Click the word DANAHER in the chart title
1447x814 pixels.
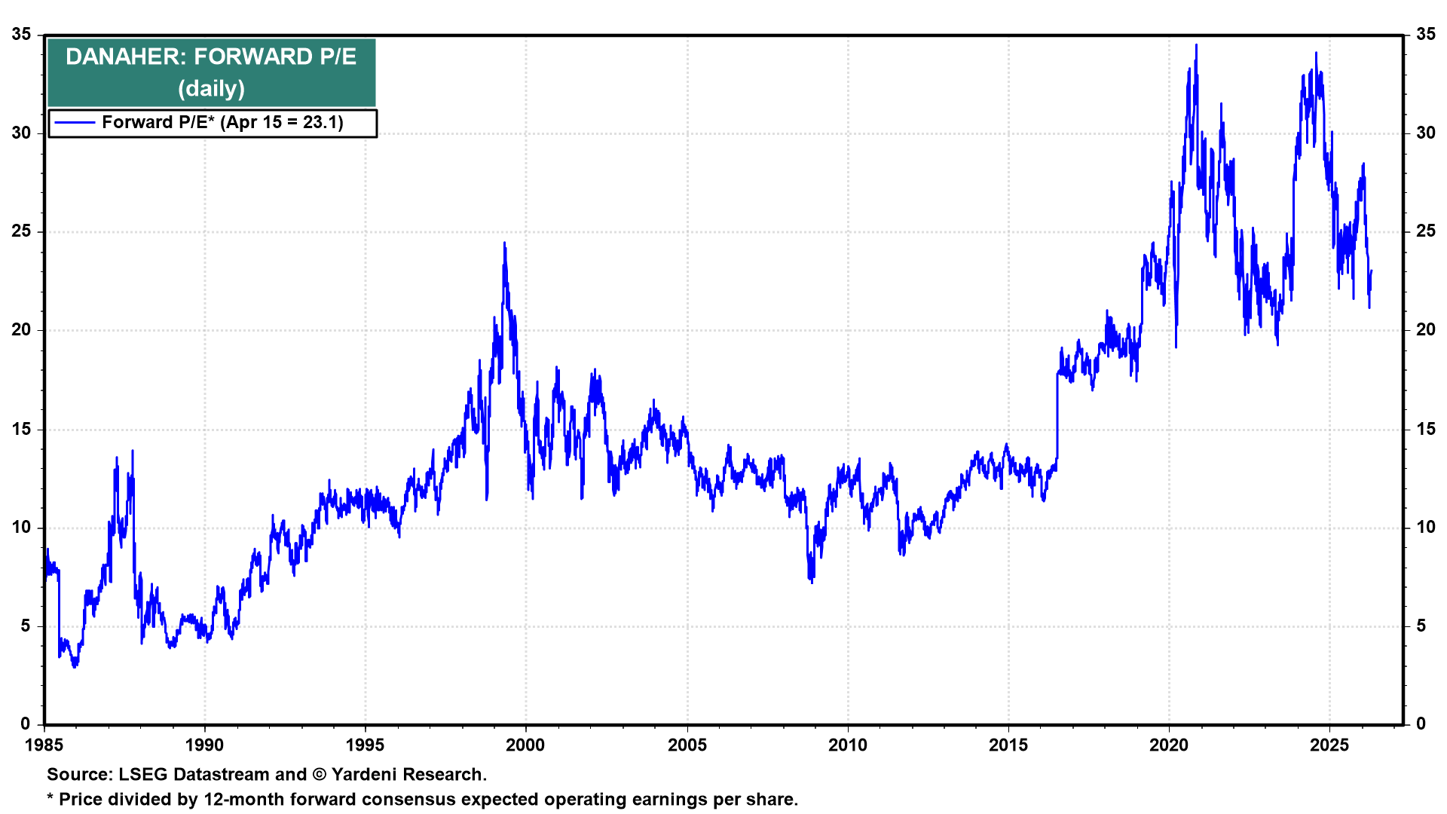[125, 57]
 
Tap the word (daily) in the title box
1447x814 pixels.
[211, 88]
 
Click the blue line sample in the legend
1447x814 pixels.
[75, 123]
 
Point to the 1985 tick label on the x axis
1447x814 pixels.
[44, 745]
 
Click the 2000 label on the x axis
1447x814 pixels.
[525, 745]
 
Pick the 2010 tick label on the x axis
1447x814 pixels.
[847, 745]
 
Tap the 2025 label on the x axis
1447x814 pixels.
[1329, 745]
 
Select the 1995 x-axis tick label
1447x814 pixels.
[365, 745]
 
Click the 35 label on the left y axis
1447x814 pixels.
[21, 35]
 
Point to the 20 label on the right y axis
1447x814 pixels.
[1425, 330]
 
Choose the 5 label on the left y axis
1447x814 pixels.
[26, 626]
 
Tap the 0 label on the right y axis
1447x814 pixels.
[1421, 724]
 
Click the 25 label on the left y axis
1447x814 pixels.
[21, 231]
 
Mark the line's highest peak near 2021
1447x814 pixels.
[1196, 45]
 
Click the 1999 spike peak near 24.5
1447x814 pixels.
[504, 243]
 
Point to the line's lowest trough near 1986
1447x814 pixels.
[74, 666]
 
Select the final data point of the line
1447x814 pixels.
[1371, 271]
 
